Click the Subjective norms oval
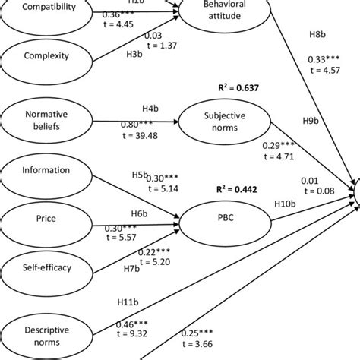point(216,122)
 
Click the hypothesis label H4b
point(150,109)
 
